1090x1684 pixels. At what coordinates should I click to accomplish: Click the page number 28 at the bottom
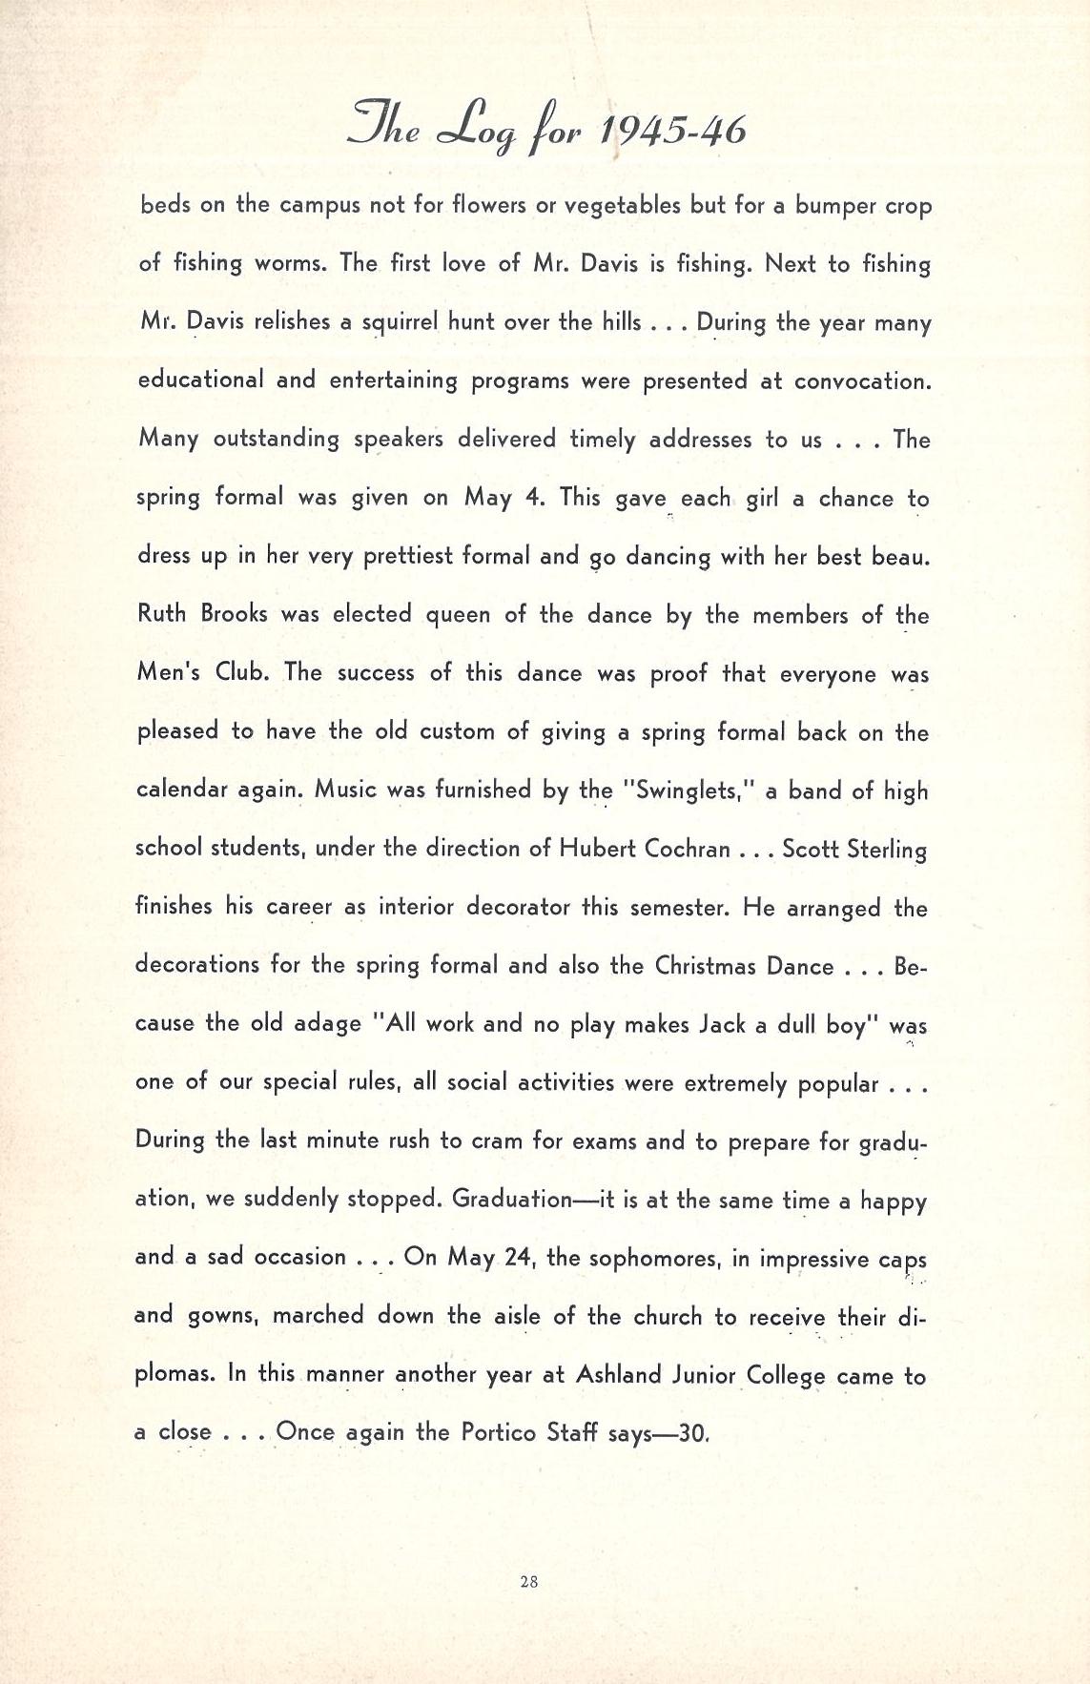[x=530, y=1581]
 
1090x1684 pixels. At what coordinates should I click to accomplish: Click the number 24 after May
[x=517, y=1257]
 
